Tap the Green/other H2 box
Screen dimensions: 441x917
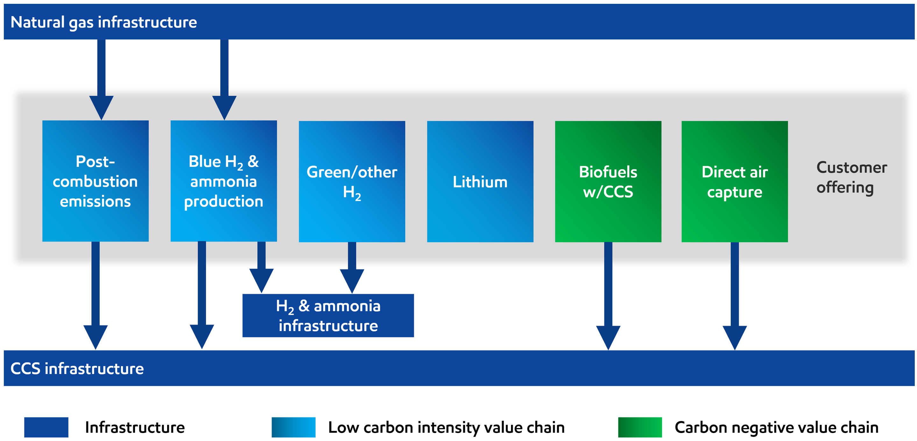tap(352, 181)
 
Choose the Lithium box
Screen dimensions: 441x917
tap(480, 181)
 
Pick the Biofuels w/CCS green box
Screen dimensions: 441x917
tap(608, 181)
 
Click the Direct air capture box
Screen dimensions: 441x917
tap(734, 181)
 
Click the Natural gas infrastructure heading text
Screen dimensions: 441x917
tap(103, 22)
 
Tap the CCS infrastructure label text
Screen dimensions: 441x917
tap(77, 368)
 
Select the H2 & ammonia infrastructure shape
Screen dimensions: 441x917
tap(328, 315)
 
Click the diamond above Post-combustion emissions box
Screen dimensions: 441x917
tap(102, 62)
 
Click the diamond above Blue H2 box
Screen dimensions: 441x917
tap(224, 62)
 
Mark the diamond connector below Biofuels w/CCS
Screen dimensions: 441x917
tap(608, 295)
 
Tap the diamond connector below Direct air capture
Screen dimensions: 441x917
tap(734, 295)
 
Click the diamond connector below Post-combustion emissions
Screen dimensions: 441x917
tap(96, 295)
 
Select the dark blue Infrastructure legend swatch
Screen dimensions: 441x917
tap(41, 420)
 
